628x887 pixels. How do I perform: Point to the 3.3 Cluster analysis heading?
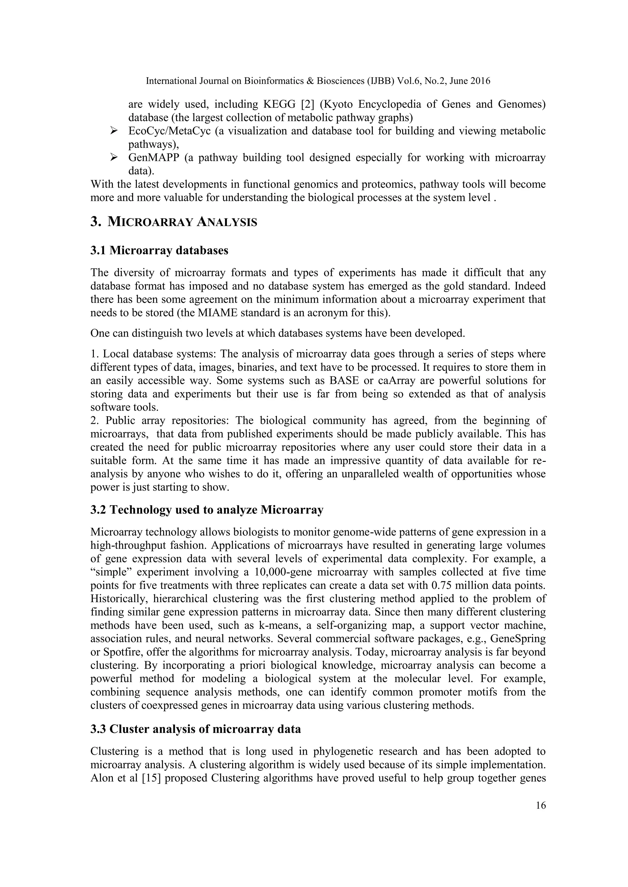pos(195,729)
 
